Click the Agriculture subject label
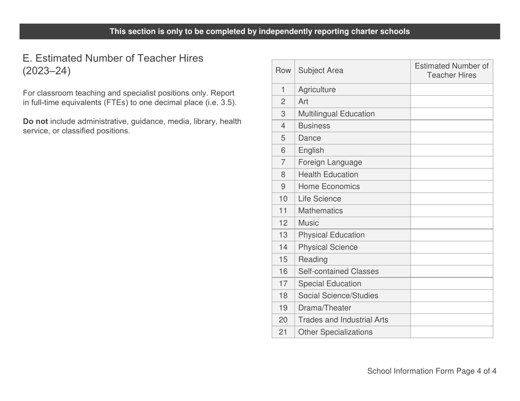(x=317, y=90)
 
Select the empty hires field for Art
(x=451, y=102)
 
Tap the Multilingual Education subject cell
(x=337, y=114)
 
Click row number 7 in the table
(x=283, y=162)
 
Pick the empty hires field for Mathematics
(x=451, y=211)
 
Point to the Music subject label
(x=309, y=223)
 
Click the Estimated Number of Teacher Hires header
(x=451, y=71)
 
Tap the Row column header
(x=283, y=71)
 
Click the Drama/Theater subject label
(x=325, y=308)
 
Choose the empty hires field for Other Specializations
(x=451, y=332)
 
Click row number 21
(x=283, y=332)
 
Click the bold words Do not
(x=35, y=121)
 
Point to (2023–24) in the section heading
(x=47, y=71)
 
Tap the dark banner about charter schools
(x=259, y=31)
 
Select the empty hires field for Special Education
(x=451, y=283)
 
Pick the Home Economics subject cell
(x=329, y=187)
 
